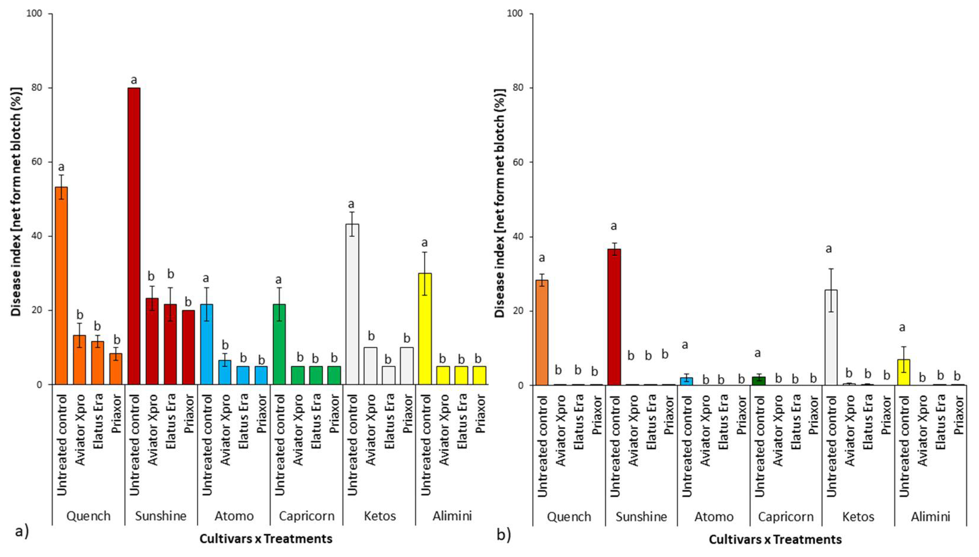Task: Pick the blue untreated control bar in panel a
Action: click(206, 344)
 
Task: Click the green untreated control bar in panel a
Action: click(279, 344)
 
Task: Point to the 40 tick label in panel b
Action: click(514, 236)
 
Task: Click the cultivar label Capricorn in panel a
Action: click(306, 516)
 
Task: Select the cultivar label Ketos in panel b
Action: click(858, 516)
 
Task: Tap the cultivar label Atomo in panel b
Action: click(714, 516)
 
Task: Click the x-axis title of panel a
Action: click(266, 539)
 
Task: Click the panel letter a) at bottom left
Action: click(21, 532)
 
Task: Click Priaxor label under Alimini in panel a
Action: click(480, 414)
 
